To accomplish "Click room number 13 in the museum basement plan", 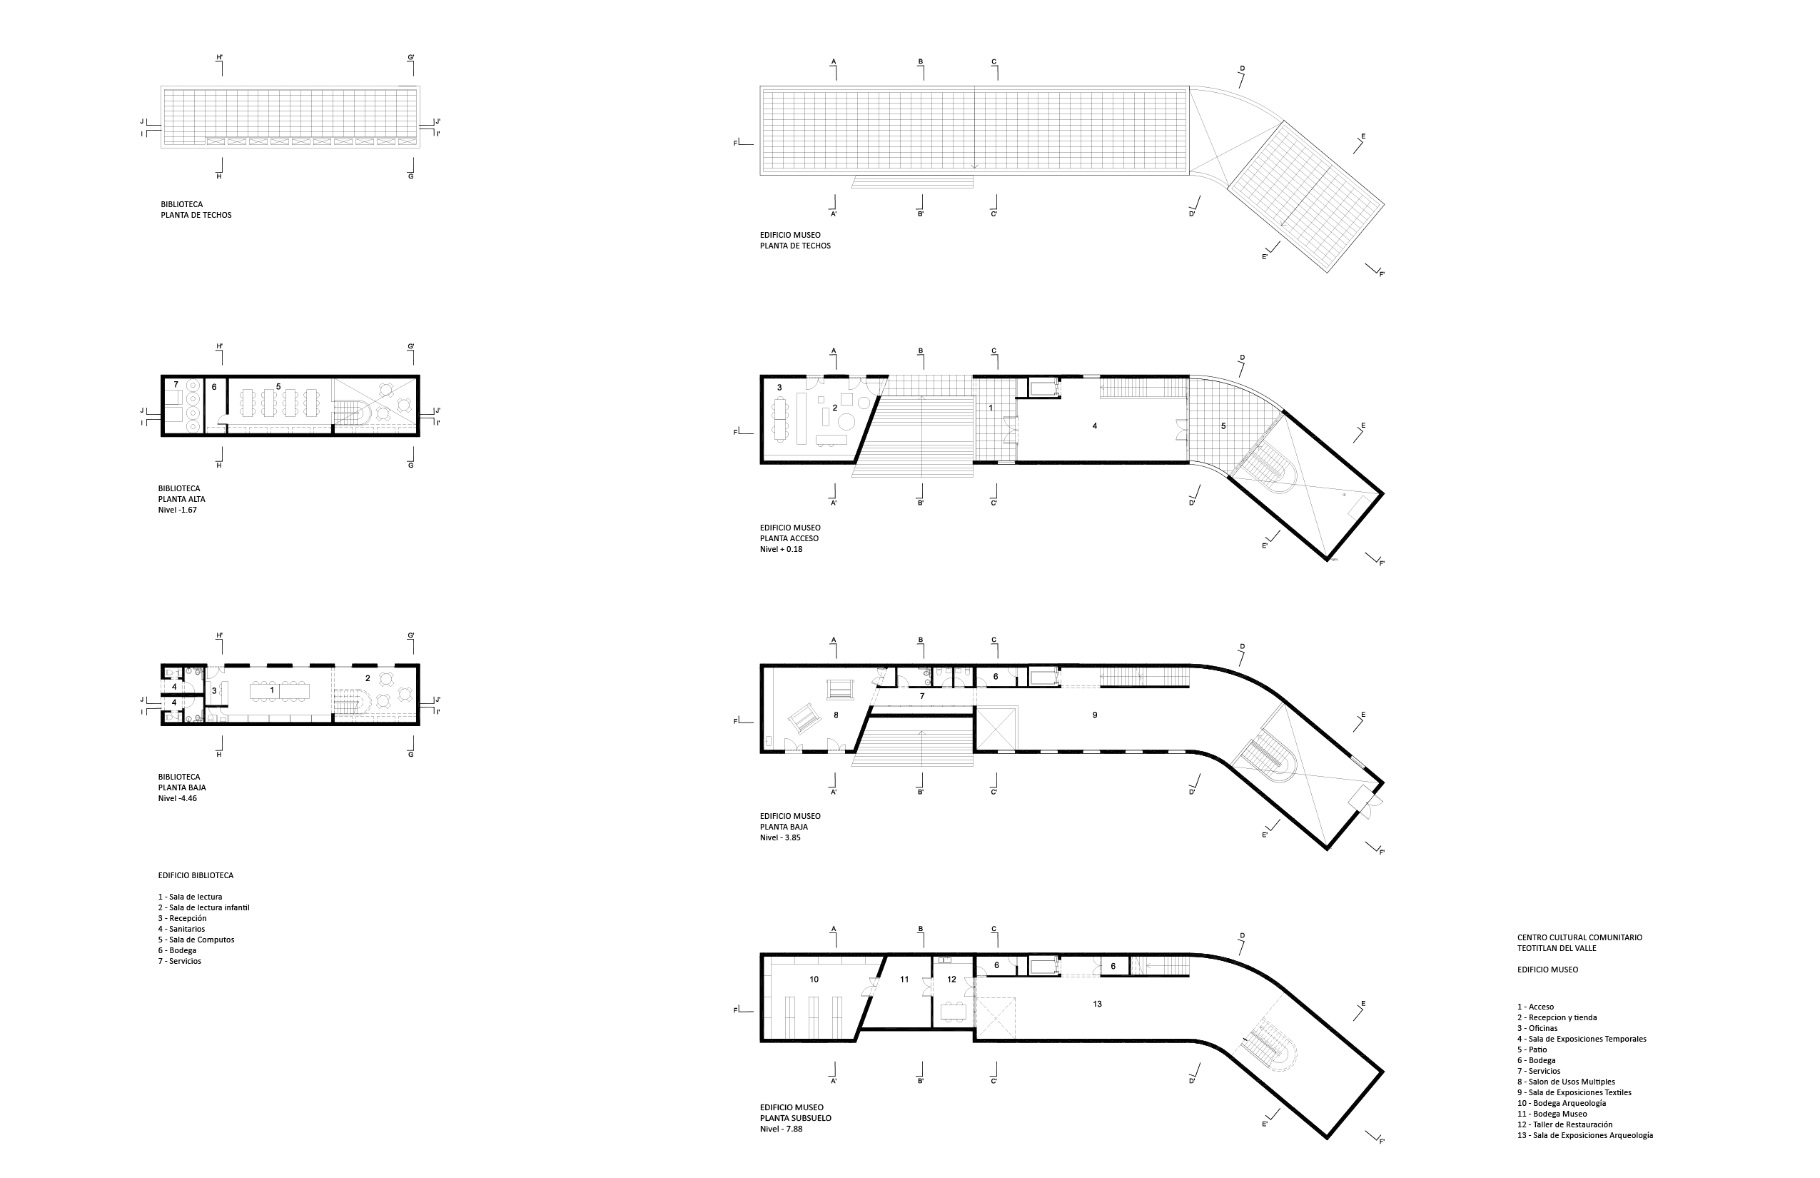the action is click(1098, 1005).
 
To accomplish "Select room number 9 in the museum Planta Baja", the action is click(1095, 715).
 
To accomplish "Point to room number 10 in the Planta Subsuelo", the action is click(814, 979).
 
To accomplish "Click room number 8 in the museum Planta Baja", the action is click(836, 715).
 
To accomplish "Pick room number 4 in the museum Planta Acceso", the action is click(1094, 426).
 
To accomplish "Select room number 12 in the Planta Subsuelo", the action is click(952, 979).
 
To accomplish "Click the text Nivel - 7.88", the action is click(782, 1128).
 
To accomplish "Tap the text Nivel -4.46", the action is click(178, 798).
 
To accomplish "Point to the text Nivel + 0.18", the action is click(782, 549).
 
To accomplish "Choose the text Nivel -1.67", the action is click(178, 510).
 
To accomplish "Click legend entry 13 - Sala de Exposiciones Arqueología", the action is click(1585, 1135).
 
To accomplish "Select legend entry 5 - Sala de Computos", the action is click(196, 940).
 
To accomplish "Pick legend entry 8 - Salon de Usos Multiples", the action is click(1566, 1082).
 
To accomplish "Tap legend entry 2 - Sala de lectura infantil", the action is click(204, 907).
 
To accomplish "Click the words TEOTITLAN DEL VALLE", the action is click(1557, 949).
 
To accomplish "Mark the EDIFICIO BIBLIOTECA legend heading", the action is click(196, 875).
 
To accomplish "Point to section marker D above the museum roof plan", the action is click(1243, 69).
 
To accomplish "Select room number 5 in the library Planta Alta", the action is click(278, 387).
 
